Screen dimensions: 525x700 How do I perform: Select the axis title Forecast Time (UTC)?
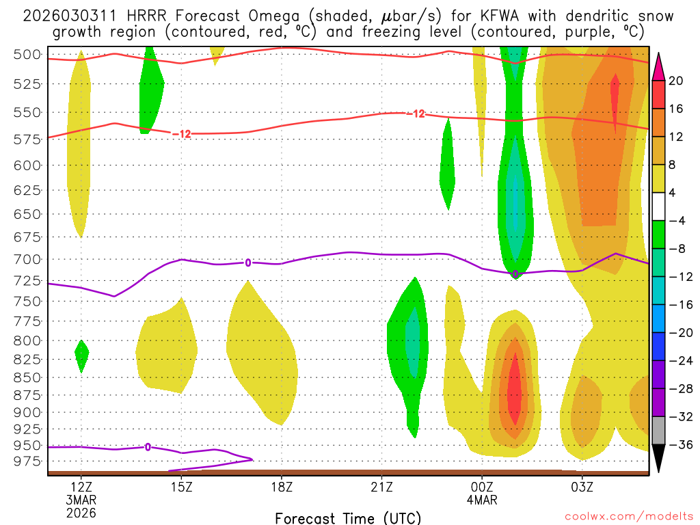(x=348, y=517)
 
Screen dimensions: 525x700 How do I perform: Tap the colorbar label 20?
(x=675, y=81)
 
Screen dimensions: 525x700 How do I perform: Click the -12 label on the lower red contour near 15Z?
(x=181, y=133)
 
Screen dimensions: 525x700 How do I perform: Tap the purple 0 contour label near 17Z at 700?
(x=248, y=262)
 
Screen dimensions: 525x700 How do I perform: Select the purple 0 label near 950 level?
(x=148, y=447)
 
